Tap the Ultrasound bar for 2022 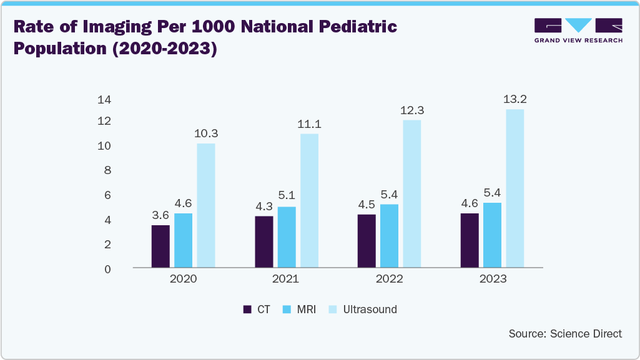412,193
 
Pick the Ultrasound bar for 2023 514,188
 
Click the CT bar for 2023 469,241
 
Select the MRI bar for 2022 389,236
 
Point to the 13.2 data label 515,99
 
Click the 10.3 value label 206,134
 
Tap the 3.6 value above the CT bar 160,215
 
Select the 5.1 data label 287,197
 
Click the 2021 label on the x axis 286,279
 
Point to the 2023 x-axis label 492,279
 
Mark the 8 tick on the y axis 107,170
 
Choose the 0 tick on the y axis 107,269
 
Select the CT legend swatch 247,309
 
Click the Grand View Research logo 578,31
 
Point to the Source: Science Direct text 565,334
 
